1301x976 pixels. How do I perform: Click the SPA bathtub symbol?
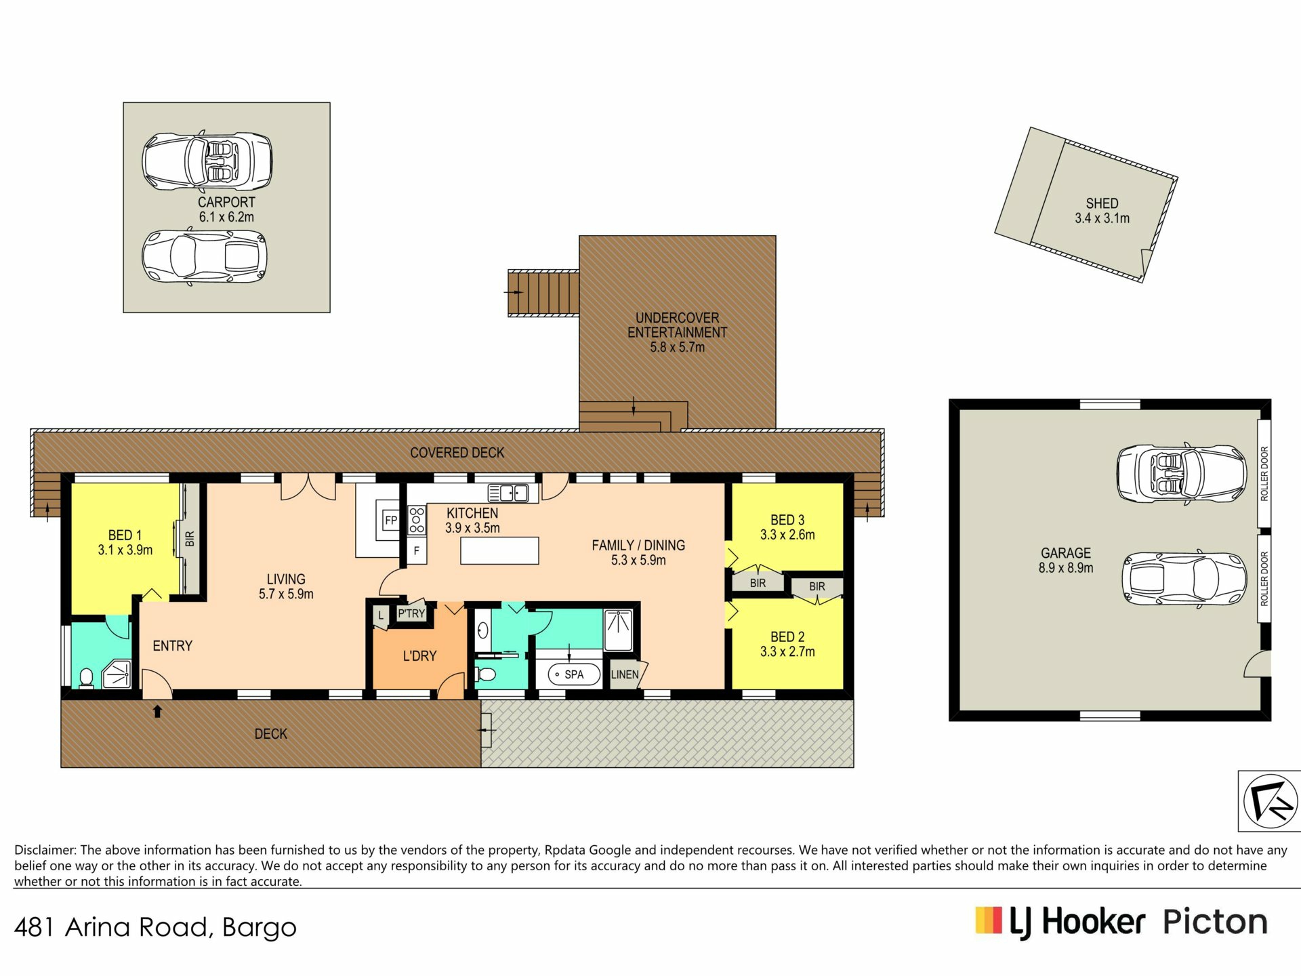coord(574,674)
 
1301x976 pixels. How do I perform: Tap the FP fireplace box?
coord(391,521)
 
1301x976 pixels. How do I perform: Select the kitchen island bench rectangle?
coord(499,550)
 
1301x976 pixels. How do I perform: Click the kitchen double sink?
coord(508,493)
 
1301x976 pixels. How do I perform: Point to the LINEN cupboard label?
coord(624,674)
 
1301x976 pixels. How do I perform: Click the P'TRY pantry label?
coord(411,613)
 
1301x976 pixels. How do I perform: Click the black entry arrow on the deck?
coord(157,711)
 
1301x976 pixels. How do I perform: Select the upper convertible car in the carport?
coord(207,161)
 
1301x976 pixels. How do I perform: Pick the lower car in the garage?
coord(1184,578)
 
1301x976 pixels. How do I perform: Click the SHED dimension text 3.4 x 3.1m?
coord(1102,218)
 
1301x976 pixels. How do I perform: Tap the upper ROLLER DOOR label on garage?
coord(1264,473)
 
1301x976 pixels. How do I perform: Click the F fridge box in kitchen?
coord(416,551)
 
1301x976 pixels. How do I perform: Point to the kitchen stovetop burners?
coord(417,520)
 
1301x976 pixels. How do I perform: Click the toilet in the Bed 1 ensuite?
coord(86,678)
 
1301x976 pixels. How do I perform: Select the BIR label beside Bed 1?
coord(190,539)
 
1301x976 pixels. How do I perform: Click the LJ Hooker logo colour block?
coord(989,920)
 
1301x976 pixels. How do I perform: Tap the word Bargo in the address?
coord(260,927)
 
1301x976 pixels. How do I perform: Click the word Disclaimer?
coord(45,850)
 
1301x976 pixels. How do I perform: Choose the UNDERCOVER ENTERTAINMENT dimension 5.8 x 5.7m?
coord(677,347)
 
